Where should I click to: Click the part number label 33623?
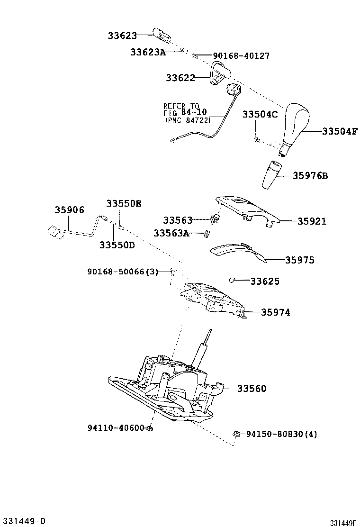pos(122,36)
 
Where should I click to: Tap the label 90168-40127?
pos(241,56)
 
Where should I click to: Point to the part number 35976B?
pos(310,176)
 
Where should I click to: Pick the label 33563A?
pos(171,233)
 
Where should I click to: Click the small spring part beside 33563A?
pos(207,233)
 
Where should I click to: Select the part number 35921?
pos(312,221)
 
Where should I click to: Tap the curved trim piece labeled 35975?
pos(237,251)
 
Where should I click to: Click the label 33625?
pos(265,282)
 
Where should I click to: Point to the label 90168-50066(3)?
pos(122,272)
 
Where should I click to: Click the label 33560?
pos(252,389)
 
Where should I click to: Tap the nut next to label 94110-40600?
pos(149,428)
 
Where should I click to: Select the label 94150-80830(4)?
pos(282,434)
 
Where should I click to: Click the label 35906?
pos(69,210)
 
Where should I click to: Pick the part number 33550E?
pos(124,203)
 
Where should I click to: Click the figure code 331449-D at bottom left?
pos(23,521)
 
